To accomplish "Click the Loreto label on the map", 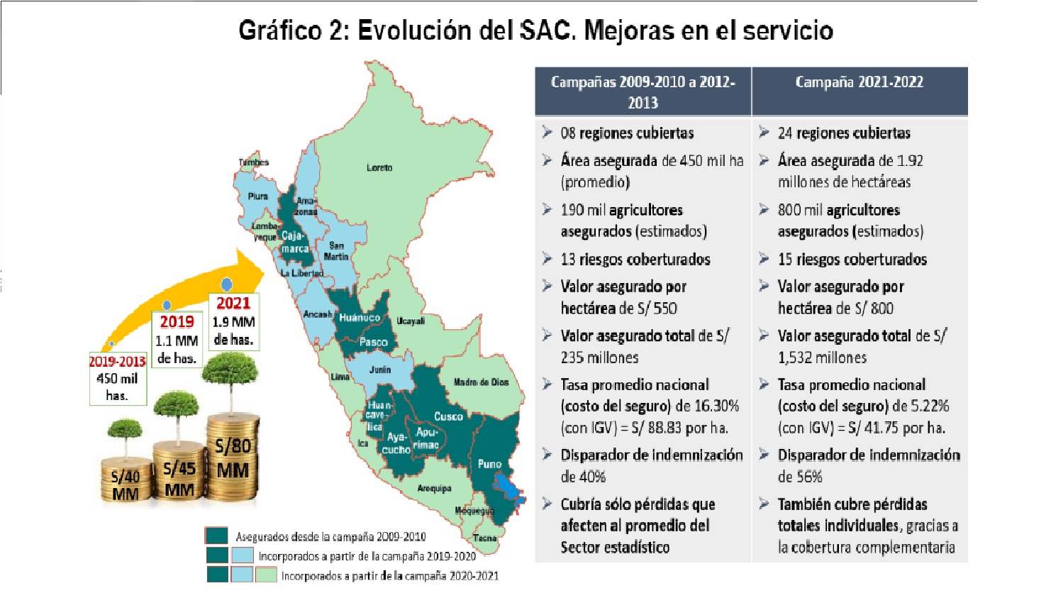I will pyautogui.click(x=379, y=168).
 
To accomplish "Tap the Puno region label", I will pyautogui.click(x=489, y=464).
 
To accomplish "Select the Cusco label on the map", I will pyautogui.click(x=448, y=416).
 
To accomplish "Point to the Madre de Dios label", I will pyautogui.click(x=481, y=382).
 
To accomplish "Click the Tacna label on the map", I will pyautogui.click(x=485, y=538).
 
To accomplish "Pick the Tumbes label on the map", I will pyautogui.click(x=254, y=162).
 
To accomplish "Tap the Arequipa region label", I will pyautogui.click(x=434, y=488).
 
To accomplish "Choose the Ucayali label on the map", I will pyautogui.click(x=411, y=321).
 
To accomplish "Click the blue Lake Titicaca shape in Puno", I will pyautogui.click(x=507, y=488).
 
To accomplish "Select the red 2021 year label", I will pyautogui.click(x=233, y=304).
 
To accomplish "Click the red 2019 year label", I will pyautogui.click(x=177, y=322).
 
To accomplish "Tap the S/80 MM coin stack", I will pyautogui.click(x=233, y=459).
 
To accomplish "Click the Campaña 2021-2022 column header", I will pyautogui.click(x=859, y=82).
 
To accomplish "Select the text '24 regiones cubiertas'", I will pyautogui.click(x=843, y=133).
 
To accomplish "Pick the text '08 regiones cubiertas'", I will pyautogui.click(x=627, y=133).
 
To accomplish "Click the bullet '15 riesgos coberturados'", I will pyautogui.click(x=852, y=260).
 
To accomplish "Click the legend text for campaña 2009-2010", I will pyautogui.click(x=330, y=537).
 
